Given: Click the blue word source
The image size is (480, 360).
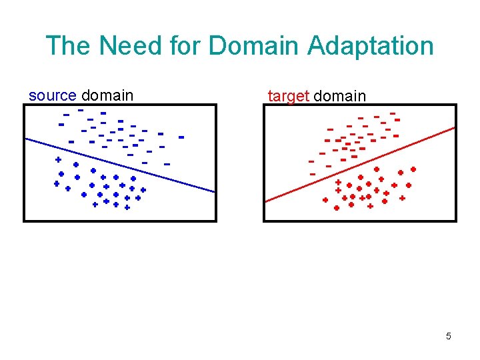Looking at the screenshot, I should (x=52, y=95).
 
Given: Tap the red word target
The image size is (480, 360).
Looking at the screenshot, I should (x=288, y=96).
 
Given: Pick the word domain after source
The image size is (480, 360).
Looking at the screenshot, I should (x=107, y=95).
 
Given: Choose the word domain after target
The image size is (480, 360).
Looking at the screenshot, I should (x=339, y=96).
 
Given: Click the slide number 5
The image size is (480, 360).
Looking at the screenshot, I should (x=448, y=336).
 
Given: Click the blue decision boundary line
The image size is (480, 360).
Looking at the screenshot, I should (x=120, y=165).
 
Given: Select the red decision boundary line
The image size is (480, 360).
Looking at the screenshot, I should (x=360, y=163).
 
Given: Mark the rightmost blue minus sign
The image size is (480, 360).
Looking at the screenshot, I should (x=181, y=137).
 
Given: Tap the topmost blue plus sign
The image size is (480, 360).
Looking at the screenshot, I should (x=58, y=160).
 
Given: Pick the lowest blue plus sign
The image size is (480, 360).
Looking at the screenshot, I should (x=127, y=207).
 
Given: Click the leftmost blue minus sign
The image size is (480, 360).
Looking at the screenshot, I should (x=61, y=125).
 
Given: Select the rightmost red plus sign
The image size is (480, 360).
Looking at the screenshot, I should (x=413, y=169).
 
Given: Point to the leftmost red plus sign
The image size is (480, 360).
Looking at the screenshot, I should (x=325, y=200).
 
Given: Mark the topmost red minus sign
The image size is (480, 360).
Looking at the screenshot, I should (x=392, y=113).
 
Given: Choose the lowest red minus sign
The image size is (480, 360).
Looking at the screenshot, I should (x=313, y=174).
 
